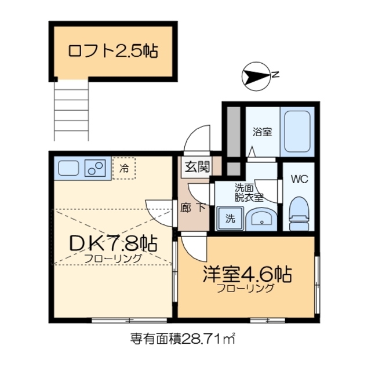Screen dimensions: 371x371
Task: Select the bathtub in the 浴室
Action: tap(297, 131)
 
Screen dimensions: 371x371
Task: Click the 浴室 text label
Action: tap(261, 132)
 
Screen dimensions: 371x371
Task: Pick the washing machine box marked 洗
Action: tap(230, 219)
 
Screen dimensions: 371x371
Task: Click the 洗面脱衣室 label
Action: tap(248, 192)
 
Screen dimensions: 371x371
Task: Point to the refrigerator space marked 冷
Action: tap(124, 169)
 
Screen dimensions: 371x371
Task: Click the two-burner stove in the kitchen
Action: tap(94, 169)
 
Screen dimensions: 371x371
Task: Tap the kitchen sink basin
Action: tap(69, 169)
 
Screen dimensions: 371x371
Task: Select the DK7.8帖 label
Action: tap(113, 243)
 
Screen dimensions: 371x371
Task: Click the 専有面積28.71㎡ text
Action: tap(185, 338)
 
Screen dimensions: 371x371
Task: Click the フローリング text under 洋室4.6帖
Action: tap(246, 288)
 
